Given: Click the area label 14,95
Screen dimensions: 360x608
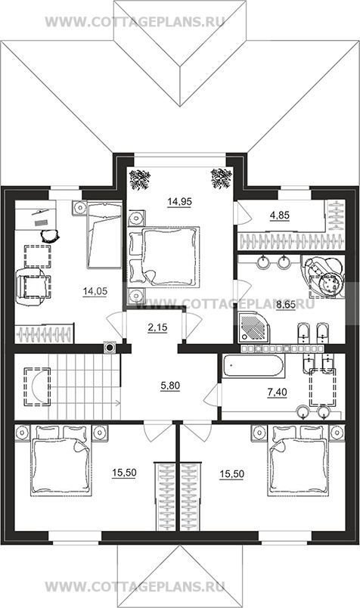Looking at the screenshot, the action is [x=179, y=202].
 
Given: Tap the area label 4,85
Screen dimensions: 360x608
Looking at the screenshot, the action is [x=280, y=216].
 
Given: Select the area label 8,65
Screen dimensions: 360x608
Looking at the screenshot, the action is [x=286, y=306].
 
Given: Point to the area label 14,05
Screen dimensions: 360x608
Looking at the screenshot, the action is [x=95, y=292].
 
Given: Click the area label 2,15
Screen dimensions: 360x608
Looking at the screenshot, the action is [x=157, y=327].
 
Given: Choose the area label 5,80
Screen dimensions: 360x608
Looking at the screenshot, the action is [x=170, y=386].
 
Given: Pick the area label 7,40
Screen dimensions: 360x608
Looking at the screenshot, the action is [x=278, y=392].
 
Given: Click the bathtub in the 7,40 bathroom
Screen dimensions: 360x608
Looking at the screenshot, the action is [x=253, y=365].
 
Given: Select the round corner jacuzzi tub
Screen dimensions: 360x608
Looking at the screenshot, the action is [x=324, y=277].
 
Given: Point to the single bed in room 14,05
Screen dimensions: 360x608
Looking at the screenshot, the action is [x=104, y=235].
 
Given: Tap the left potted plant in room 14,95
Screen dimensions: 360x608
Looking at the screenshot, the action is [x=140, y=179].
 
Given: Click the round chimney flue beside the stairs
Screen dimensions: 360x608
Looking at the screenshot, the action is [x=110, y=347].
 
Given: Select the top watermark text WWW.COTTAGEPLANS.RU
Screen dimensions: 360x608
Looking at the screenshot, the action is [x=135, y=22].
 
